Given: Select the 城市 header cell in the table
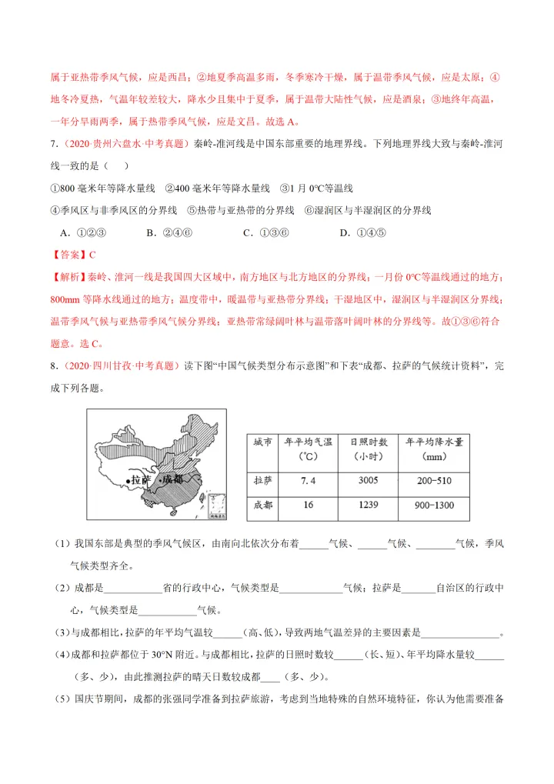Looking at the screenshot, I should click(x=262, y=442).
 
